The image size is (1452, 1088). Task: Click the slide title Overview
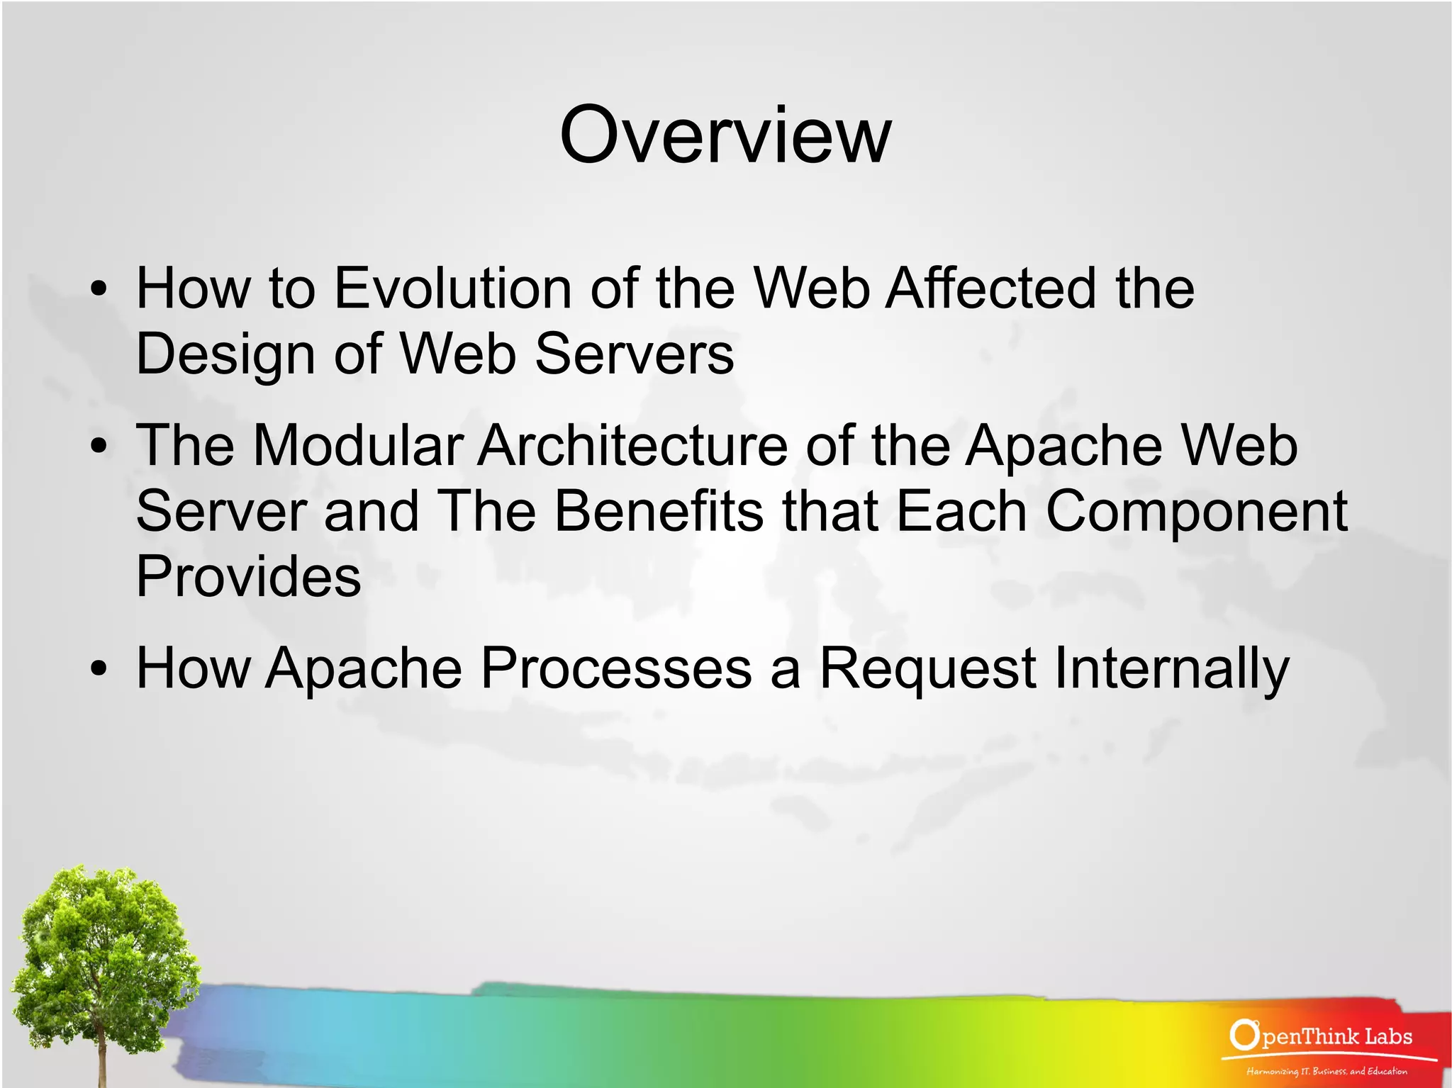pyautogui.click(x=725, y=135)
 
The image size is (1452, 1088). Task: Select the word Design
pyautogui.click(x=225, y=354)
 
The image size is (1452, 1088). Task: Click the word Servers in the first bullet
pyautogui.click(x=634, y=354)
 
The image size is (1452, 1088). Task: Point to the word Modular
pyautogui.click(x=358, y=446)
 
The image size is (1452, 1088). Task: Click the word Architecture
pyautogui.click(x=632, y=446)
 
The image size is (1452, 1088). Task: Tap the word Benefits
pyautogui.click(x=659, y=511)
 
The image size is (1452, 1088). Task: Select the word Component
pyautogui.click(x=1196, y=512)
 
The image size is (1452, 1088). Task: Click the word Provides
pyautogui.click(x=248, y=576)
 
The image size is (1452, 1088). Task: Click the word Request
pyautogui.click(x=927, y=669)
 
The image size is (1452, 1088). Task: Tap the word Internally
pyautogui.click(x=1171, y=669)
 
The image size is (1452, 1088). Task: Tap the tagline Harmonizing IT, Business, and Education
pyautogui.click(x=1327, y=1071)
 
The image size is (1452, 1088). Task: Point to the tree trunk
pyautogui.click(x=104, y=1056)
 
